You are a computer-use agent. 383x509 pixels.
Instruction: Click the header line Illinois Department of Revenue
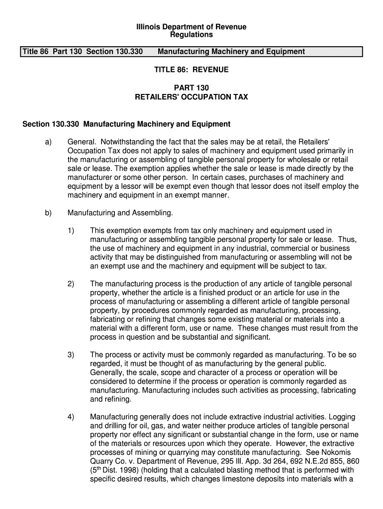click(191, 26)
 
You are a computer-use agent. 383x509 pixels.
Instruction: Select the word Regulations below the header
click(191, 35)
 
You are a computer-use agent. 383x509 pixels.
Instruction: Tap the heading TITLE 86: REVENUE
click(191, 70)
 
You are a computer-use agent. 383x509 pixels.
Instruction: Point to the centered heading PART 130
click(191, 88)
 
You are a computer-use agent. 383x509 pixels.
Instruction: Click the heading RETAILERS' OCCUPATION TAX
click(191, 97)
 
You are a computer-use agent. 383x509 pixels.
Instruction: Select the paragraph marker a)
click(48, 142)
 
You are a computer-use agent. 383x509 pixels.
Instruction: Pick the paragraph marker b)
click(48, 213)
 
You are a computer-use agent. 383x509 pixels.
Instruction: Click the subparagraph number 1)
click(71, 231)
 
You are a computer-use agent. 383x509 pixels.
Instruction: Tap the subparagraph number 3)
click(71, 354)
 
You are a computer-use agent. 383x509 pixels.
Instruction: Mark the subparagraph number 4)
click(71, 417)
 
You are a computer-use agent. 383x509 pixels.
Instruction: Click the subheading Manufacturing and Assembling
click(120, 213)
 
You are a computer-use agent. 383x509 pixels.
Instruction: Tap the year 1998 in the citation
click(124, 471)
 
